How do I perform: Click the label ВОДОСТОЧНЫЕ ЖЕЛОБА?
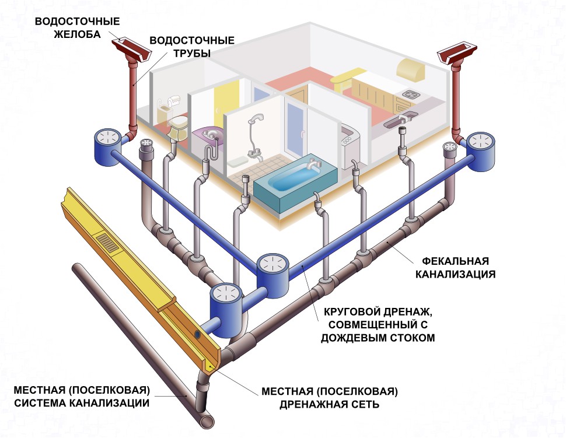78,27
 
